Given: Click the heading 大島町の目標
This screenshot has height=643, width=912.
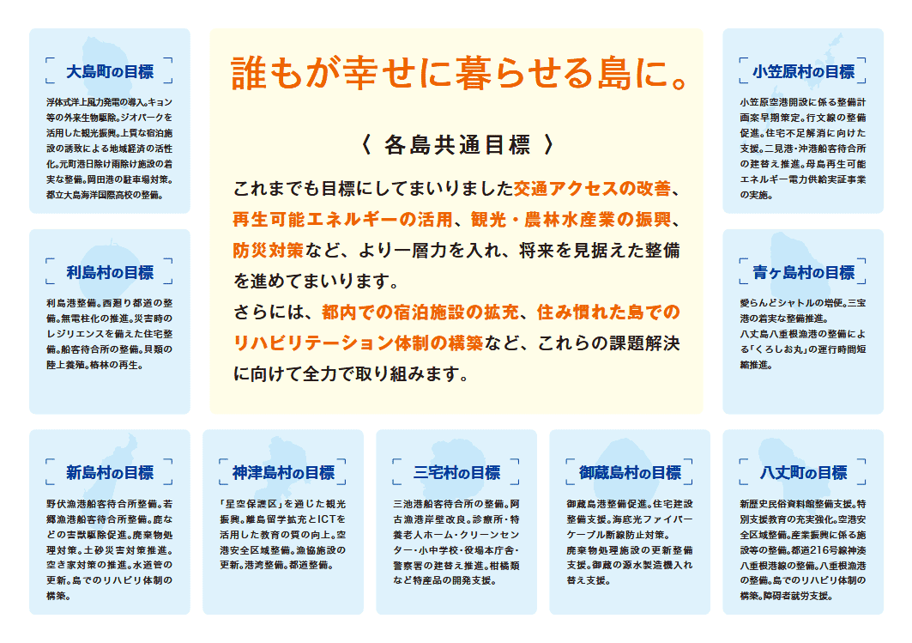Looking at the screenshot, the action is click(x=109, y=71).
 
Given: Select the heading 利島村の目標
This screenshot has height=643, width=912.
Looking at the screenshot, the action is click(x=109, y=272).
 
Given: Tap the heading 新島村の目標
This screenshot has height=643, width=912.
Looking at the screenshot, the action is click(x=109, y=472).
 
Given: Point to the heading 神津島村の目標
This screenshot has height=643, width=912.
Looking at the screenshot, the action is click(x=283, y=472).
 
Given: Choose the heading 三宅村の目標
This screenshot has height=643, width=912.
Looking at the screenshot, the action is click(x=456, y=472).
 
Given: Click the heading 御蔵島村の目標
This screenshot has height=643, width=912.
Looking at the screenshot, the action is click(x=630, y=472).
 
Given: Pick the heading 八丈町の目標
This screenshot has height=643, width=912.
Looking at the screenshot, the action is click(x=803, y=472).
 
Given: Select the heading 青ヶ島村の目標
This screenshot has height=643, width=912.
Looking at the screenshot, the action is click(x=803, y=272).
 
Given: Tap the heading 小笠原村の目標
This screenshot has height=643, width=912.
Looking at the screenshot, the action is click(x=803, y=71).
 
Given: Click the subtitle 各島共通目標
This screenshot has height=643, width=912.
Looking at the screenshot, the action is click(x=457, y=145).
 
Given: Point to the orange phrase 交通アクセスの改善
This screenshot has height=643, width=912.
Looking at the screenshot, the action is click(x=591, y=189).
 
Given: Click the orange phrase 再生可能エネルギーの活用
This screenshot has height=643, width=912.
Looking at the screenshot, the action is click(x=342, y=220).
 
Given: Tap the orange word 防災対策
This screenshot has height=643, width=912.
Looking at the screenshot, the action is click(x=269, y=250).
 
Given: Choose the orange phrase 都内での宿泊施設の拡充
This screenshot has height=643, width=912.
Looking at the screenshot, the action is click(x=420, y=312).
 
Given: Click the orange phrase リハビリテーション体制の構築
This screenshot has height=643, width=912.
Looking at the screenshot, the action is click(x=358, y=343).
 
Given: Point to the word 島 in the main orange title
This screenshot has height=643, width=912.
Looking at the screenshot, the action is click(x=614, y=73).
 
